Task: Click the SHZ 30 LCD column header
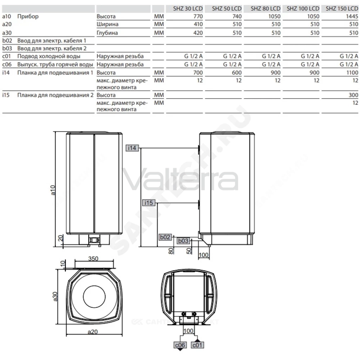click(188, 9)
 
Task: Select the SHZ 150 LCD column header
click(342, 9)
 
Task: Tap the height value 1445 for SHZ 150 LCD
click(352, 16)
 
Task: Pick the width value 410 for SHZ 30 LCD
click(198, 24)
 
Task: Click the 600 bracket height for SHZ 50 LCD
click(237, 73)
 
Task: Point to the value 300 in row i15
click(354, 95)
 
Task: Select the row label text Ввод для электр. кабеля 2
click(52, 49)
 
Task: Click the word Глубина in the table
click(107, 33)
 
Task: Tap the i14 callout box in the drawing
click(132, 148)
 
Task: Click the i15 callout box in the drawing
click(149, 203)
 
